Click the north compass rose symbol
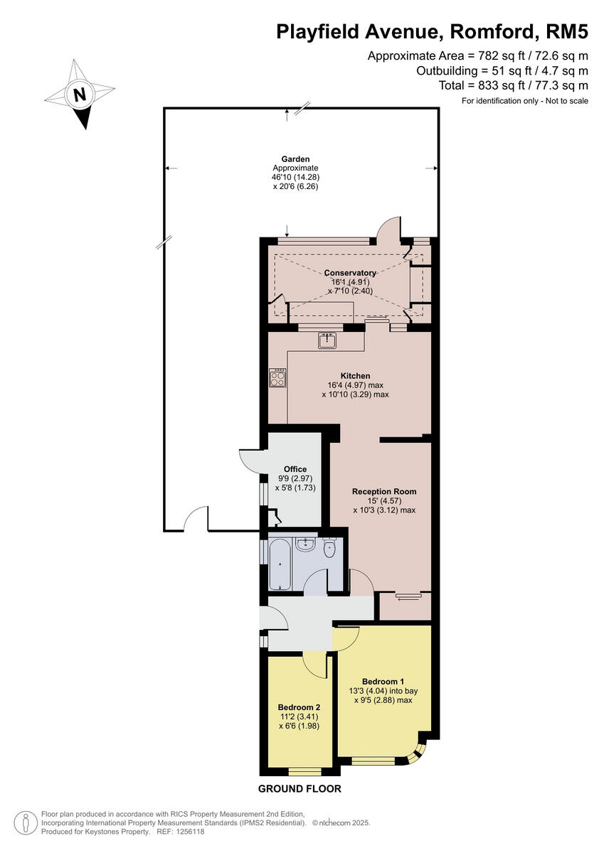pos(80,95)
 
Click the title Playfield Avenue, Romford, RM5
pos(432,31)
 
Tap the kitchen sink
pos(328,340)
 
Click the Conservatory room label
pos(349,273)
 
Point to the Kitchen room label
pos(355,375)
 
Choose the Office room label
pos(295,469)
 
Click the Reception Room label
pos(384,491)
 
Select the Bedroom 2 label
pos(299,707)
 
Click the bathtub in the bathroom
pos(280,564)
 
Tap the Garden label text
pos(295,159)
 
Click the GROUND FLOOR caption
pos(299,789)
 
